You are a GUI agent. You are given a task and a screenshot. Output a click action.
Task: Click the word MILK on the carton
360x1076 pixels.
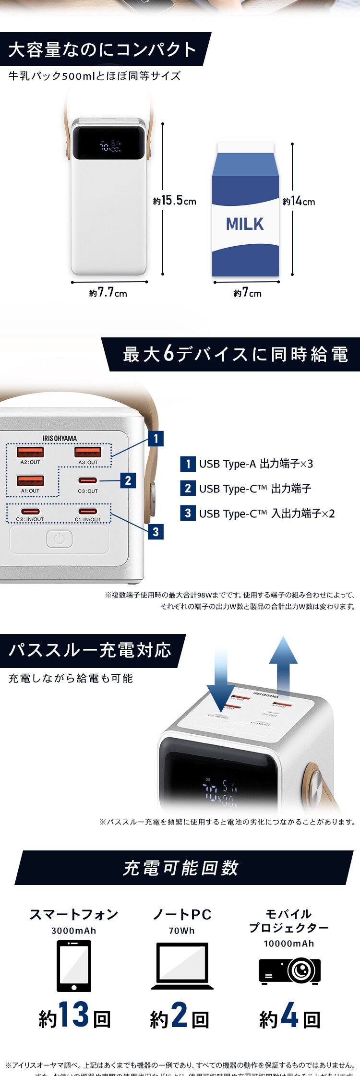[x=245, y=224]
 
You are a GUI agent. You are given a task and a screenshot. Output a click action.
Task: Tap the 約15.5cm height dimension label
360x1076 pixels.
[x=175, y=201]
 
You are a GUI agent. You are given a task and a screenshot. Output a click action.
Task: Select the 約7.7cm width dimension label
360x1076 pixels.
[x=108, y=292]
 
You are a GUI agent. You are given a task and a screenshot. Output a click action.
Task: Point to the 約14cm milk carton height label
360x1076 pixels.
[x=299, y=201]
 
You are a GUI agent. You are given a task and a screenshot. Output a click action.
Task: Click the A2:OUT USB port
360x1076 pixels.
[x=30, y=452]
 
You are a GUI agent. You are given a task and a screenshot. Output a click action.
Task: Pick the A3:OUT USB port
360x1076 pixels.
[x=88, y=452]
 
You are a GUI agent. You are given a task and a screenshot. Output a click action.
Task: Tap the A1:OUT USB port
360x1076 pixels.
[x=30, y=480]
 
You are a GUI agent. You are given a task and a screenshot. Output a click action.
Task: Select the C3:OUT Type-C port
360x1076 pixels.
[x=88, y=480]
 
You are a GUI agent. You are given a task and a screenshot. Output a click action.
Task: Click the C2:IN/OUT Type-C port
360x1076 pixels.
[x=30, y=512]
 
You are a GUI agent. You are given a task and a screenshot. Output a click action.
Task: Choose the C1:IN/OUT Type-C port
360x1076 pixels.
[x=88, y=512]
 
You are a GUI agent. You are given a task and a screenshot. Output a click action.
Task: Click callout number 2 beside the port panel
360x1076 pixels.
[x=128, y=480]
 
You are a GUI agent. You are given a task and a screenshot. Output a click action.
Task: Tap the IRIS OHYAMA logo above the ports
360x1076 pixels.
[x=60, y=438]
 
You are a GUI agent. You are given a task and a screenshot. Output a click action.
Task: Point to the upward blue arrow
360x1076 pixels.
[x=283, y=665]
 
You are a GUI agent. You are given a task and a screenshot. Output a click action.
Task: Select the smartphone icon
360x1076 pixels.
[x=74, y=966]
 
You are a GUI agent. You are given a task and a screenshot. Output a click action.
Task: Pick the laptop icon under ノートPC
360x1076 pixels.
[x=182, y=966]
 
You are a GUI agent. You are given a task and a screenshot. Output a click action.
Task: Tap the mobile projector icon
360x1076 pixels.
[x=289, y=970]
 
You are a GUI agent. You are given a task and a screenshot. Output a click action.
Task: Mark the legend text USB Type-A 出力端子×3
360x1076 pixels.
[x=256, y=464]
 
